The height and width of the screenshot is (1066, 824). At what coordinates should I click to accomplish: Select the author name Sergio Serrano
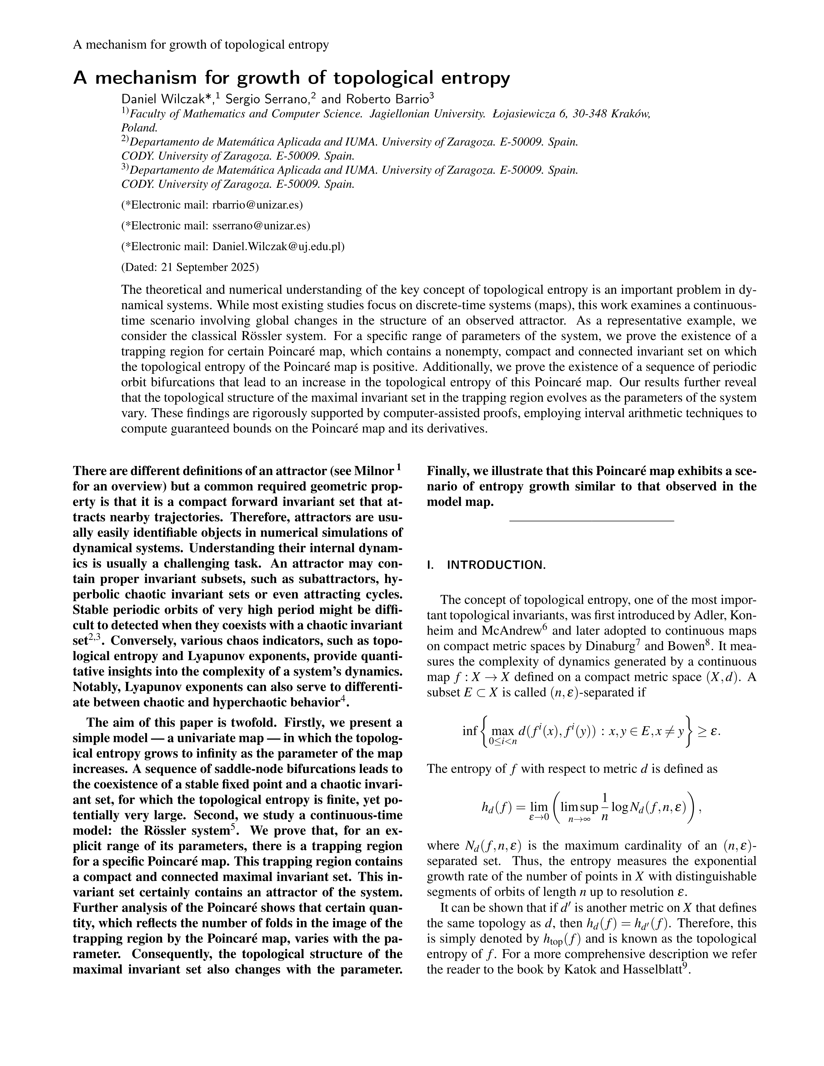click(x=266, y=99)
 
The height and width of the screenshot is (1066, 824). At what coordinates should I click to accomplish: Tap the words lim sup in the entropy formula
click(x=579, y=808)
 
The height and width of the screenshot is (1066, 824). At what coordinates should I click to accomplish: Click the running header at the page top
click(x=201, y=45)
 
